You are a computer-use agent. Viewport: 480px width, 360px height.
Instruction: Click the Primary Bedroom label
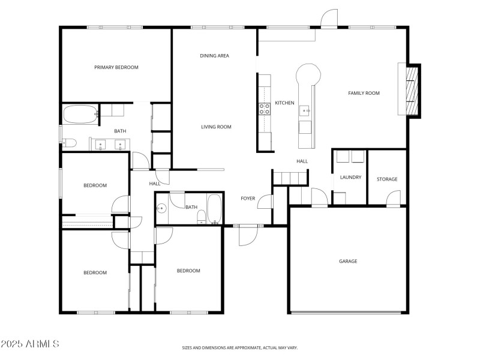pos(116,67)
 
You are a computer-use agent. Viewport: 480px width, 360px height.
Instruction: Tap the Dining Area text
pos(214,56)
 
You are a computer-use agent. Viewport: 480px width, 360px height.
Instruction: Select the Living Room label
pos(216,127)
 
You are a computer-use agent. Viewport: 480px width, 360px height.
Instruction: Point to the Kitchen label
pos(284,103)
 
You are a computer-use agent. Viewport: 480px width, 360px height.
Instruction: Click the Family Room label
pos(364,93)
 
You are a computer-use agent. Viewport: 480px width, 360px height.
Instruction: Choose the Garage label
pos(348,261)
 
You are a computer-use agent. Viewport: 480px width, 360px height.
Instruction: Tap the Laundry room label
pos(350,178)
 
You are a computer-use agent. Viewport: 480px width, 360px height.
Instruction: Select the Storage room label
pos(386,179)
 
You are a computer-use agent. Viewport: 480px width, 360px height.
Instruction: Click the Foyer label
pos(248,198)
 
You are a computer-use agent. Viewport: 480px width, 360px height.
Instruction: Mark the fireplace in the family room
pos(412,91)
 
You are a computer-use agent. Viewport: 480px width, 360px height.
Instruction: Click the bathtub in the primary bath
pos(80,113)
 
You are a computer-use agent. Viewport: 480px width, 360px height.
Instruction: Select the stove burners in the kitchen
pos(263,109)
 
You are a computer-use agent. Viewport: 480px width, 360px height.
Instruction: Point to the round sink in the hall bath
pos(161,209)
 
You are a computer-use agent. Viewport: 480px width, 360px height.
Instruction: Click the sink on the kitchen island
pos(305,110)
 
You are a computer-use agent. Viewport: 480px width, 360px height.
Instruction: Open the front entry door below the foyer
pos(248,236)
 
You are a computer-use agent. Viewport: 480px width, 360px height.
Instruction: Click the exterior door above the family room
pos(329,20)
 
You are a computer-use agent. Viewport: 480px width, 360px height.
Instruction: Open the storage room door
pos(393,199)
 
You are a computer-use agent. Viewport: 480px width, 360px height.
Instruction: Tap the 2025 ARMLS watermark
pos(30,344)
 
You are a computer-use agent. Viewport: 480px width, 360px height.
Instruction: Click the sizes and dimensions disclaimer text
pos(240,347)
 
